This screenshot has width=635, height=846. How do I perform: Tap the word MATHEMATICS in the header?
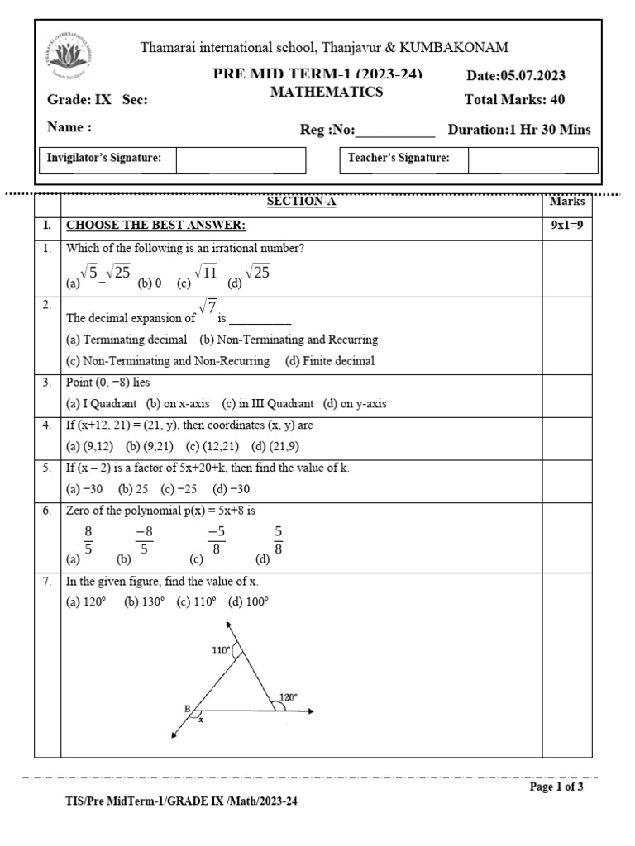pos(327,93)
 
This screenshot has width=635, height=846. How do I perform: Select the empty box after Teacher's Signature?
pos(532,159)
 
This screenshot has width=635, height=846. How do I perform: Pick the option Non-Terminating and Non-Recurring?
pos(168,361)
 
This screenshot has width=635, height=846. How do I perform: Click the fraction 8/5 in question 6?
pos(88,541)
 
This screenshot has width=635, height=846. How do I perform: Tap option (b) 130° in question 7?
pos(145,602)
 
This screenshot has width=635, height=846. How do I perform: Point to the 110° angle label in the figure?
pos(221,649)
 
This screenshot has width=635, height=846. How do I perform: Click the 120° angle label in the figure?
pos(289,696)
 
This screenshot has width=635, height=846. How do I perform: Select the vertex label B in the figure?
pos(187,709)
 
